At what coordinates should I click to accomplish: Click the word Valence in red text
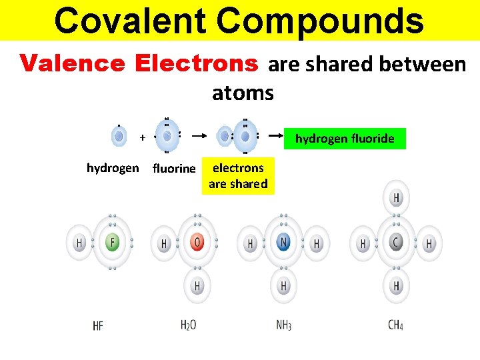click(x=72, y=63)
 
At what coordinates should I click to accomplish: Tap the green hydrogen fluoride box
click(x=345, y=139)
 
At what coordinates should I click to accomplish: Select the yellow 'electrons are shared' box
click(x=238, y=176)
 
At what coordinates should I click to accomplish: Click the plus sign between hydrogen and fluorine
click(x=142, y=137)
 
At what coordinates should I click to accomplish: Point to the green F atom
click(x=113, y=243)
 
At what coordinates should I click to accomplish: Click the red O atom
click(x=197, y=243)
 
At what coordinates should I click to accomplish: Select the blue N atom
click(x=283, y=243)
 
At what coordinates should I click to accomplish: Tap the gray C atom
click(x=396, y=243)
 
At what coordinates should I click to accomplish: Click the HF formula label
click(x=98, y=326)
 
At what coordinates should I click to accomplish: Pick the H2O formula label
click(x=188, y=325)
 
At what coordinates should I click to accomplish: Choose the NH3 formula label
click(x=283, y=326)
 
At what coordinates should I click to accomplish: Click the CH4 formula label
click(x=395, y=326)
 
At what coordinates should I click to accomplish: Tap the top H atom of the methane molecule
click(x=397, y=198)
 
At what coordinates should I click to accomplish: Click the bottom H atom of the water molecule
click(x=197, y=287)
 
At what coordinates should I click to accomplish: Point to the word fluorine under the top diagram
click(x=174, y=169)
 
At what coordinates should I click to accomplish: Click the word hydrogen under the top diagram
click(x=113, y=168)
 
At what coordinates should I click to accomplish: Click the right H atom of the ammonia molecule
click(x=317, y=244)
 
